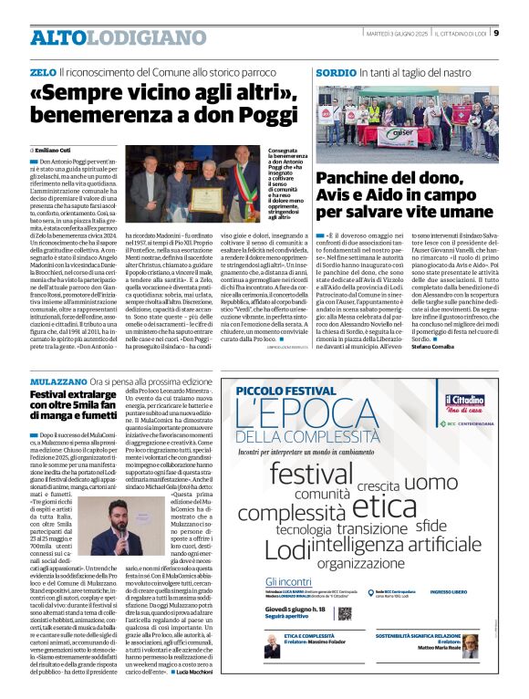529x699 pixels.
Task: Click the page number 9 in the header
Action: coord(496,34)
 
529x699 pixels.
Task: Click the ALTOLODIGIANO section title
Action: coord(105,37)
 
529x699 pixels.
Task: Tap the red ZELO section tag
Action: coord(42,71)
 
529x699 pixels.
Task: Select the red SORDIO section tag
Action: coord(336,71)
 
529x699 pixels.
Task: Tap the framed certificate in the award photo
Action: coord(207,200)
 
